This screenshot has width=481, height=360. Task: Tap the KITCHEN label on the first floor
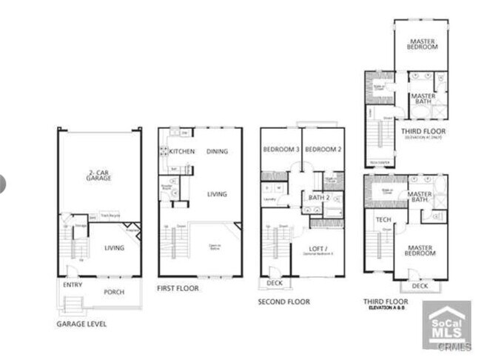tap(181, 151)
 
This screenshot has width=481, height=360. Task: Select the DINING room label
tap(217, 151)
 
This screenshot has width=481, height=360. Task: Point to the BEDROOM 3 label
tap(280, 149)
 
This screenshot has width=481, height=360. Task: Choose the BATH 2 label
tap(319, 198)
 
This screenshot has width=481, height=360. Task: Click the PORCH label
tap(114, 291)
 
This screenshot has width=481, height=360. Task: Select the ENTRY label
tap(73, 284)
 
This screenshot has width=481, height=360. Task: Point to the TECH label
tap(383, 219)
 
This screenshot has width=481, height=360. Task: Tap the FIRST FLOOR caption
tap(178, 288)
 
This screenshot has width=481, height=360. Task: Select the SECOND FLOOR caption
tap(283, 301)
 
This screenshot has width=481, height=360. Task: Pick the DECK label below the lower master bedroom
tap(420, 285)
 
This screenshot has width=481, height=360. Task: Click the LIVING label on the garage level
tap(113, 248)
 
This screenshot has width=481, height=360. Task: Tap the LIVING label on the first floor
tap(217, 194)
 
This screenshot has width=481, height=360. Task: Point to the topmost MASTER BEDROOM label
tap(422, 42)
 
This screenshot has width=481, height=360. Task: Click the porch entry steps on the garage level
tap(73, 304)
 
